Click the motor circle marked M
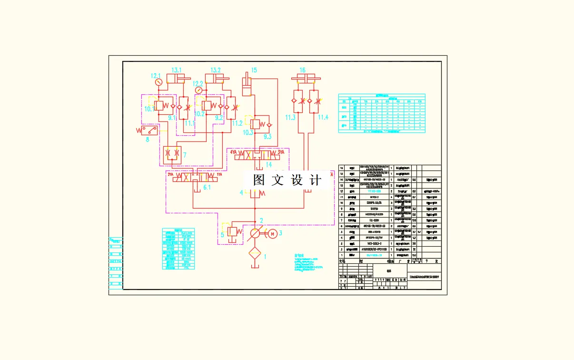(x=273, y=233)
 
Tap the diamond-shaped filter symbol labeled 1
(x=255, y=256)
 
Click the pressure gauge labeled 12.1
(x=158, y=82)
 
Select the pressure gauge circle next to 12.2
(x=198, y=89)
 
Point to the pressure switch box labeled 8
(x=150, y=130)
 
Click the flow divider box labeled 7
(x=170, y=154)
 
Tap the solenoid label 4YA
(x=234, y=152)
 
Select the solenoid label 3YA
(x=279, y=152)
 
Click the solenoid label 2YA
(x=171, y=175)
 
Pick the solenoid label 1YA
(x=219, y=175)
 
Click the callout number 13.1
(x=177, y=70)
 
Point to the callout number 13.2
(x=216, y=70)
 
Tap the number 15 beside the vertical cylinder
(x=254, y=70)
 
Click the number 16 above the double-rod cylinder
(x=302, y=70)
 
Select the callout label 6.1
(x=207, y=188)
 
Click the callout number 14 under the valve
(x=269, y=164)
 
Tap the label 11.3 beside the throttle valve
(x=290, y=117)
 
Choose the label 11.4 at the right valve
(x=323, y=117)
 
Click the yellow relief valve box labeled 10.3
(x=255, y=124)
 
